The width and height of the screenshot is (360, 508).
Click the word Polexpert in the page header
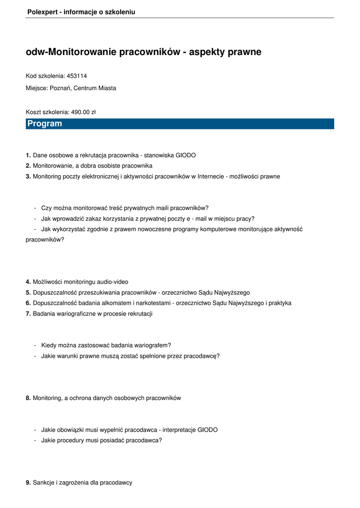click(x=42, y=12)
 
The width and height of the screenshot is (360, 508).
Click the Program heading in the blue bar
click(x=45, y=124)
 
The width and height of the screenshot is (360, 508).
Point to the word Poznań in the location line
click(x=60, y=88)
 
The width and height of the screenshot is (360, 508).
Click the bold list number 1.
click(x=28, y=155)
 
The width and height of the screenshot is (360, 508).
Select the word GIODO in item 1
click(x=186, y=155)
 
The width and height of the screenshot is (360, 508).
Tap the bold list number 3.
click(x=28, y=176)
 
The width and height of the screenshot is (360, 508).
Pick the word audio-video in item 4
click(x=113, y=282)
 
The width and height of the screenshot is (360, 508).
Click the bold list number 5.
click(x=28, y=292)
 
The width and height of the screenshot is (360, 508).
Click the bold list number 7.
click(x=28, y=314)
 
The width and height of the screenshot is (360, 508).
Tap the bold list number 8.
click(x=28, y=398)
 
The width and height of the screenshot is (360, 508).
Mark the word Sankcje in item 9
click(x=44, y=482)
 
